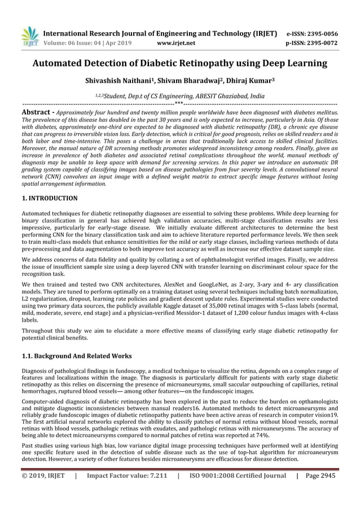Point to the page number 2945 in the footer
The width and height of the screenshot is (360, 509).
click(x=326, y=476)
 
